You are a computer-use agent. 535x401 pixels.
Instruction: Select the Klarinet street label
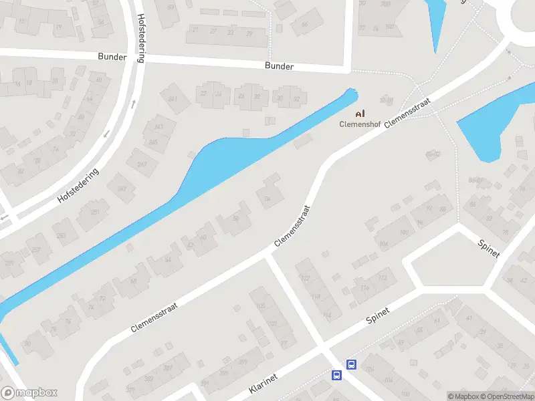[x=263, y=382]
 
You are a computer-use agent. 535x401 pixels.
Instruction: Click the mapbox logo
[x=29, y=393]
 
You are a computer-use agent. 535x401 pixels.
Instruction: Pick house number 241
[x=173, y=100]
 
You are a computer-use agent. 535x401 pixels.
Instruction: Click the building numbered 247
[x=142, y=164]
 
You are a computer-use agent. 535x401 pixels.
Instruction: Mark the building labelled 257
[x=35, y=249]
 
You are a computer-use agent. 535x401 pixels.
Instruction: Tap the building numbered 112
[x=383, y=277]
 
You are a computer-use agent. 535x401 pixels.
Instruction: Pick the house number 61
[x=437, y=321]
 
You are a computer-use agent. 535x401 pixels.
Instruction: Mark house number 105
[x=260, y=307]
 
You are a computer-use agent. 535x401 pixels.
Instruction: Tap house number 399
[x=242, y=362]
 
